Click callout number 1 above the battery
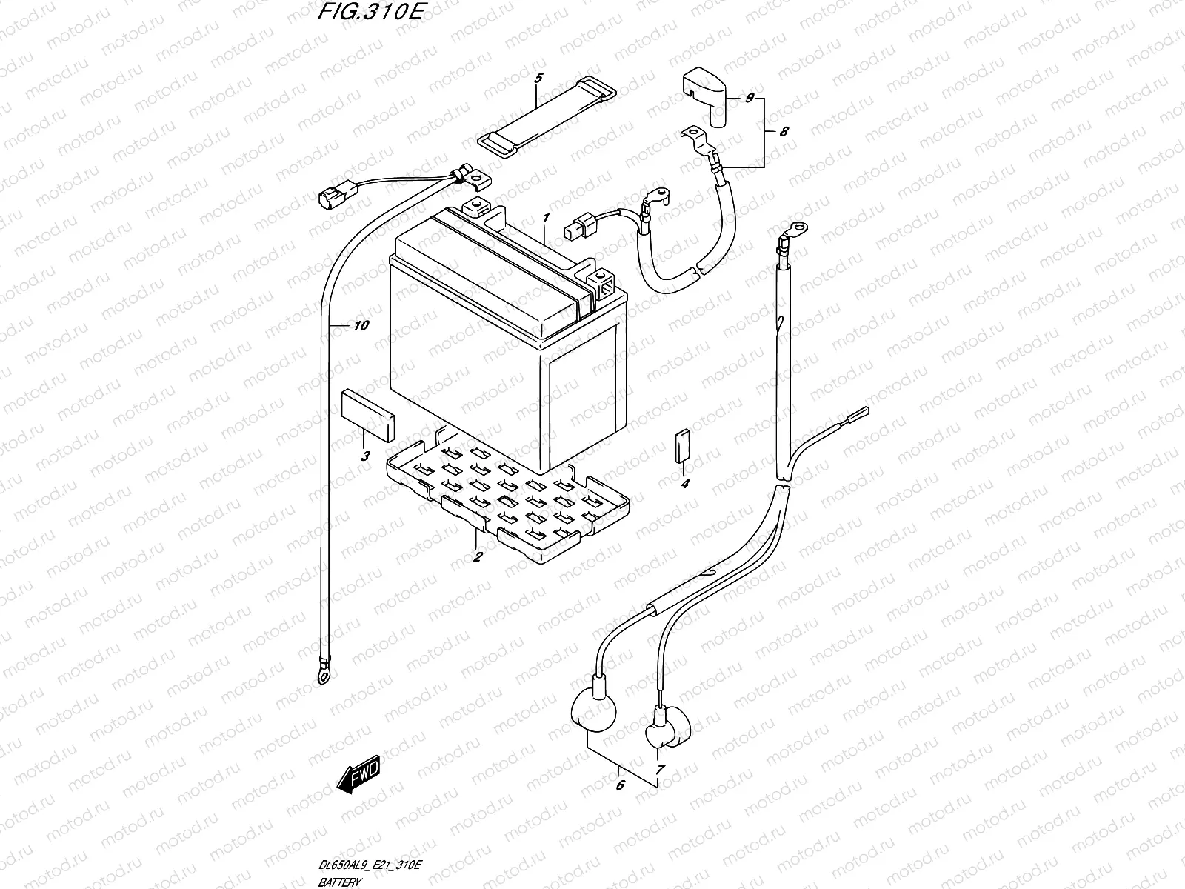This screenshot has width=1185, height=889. pos(545,219)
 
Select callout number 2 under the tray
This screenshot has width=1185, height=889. pos(478,556)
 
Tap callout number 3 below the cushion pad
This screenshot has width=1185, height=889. pos(365,456)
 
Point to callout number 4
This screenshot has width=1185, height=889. pos(685,484)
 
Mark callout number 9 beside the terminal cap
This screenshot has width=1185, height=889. pos(749,98)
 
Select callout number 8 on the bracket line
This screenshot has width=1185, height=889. pos(784,131)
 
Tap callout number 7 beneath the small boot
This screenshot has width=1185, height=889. pos(660,769)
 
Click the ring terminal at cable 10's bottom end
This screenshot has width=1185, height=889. pos(320,677)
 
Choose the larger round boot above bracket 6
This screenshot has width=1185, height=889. pos(592,710)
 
